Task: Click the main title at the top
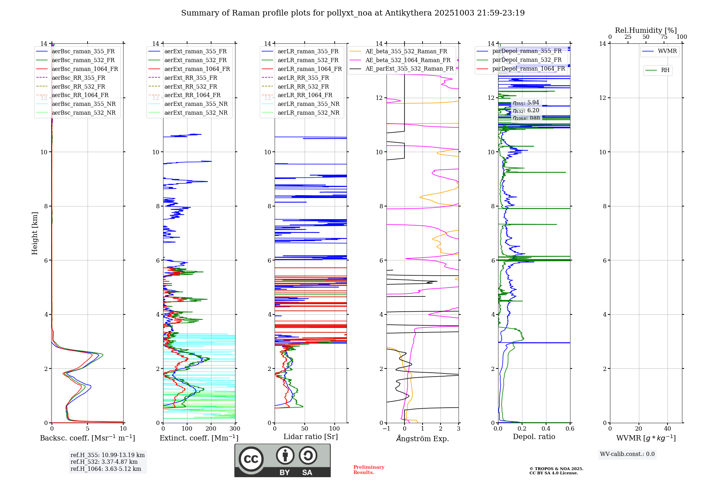point(353,13)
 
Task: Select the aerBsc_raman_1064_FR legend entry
point(85,69)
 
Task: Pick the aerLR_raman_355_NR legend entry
point(308,104)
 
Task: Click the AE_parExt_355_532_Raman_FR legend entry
point(409,68)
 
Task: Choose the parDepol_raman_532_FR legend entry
point(527,60)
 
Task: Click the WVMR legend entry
point(667,51)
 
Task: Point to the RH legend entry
point(665,70)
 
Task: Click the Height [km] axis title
point(35,233)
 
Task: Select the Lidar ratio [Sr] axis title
point(311,437)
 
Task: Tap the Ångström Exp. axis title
point(423,438)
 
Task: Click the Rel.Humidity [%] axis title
point(646,30)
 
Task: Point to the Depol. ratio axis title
point(534,437)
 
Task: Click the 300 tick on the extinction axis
point(235,429)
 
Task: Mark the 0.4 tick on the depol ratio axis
point(546,429)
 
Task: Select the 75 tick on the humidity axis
point(664,37)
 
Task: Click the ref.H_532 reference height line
point(104,462)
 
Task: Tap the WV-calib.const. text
point(627,454)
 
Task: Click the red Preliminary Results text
point(369,470)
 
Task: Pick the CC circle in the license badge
point(251,459)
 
